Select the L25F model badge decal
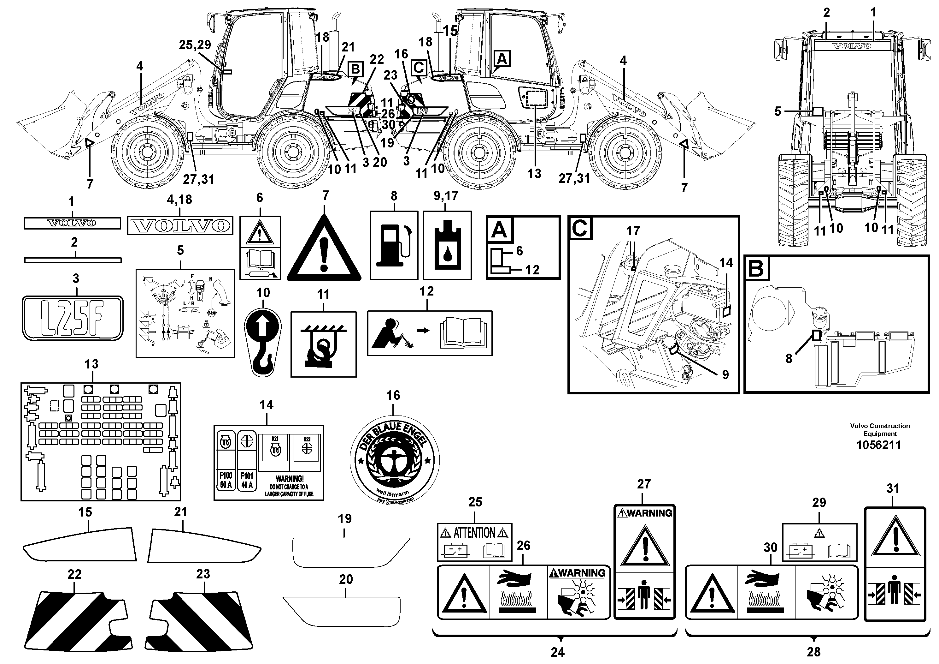click(72, 318)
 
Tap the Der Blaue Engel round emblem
click(394, 459)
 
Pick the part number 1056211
click(878, 445)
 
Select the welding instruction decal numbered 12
click(429, 333)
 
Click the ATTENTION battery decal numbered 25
click(474, 541)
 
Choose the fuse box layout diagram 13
click(101, 442)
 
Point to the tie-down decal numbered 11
click(323, 344)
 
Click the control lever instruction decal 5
click(185, 313)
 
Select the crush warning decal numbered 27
click(644, 562)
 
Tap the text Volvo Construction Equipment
click(880, 429)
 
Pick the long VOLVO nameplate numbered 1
click(72, 223)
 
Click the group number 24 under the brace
click(557, 651)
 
